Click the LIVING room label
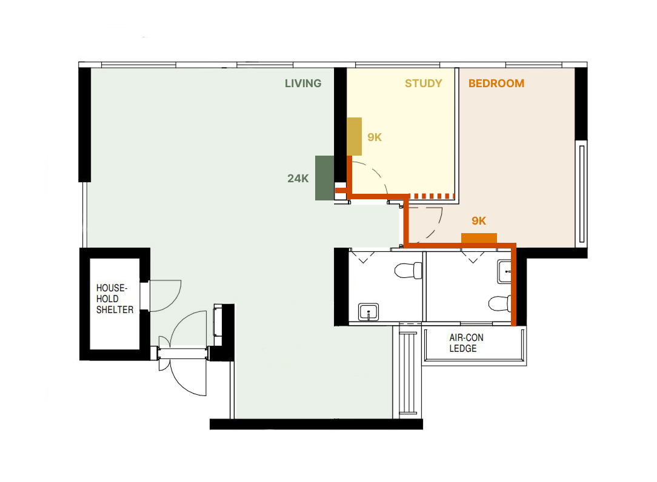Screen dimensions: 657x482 click(303, 84)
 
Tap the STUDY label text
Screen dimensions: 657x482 click(423, 84)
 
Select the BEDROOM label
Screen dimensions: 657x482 click(496, 84)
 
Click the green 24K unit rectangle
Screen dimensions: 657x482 click(325, 178)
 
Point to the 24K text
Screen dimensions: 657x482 click(298, 179)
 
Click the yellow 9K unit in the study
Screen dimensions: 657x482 click(354, 136)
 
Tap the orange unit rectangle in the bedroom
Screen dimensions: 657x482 click(479, 238)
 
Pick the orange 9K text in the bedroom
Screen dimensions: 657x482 click(479, 220)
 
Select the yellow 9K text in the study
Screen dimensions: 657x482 click(375, 137)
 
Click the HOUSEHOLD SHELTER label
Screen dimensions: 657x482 click(115, 299)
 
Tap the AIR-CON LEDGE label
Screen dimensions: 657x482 click(466, 343)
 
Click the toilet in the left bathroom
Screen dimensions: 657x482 click(408, 270)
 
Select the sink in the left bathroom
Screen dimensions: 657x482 click(369, 312)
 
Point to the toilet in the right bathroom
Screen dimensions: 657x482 click(500, 303)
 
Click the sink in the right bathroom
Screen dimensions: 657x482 click(504, 271)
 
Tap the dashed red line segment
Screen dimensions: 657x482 click(432, 196)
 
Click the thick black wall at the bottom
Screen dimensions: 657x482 click(316, 424)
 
